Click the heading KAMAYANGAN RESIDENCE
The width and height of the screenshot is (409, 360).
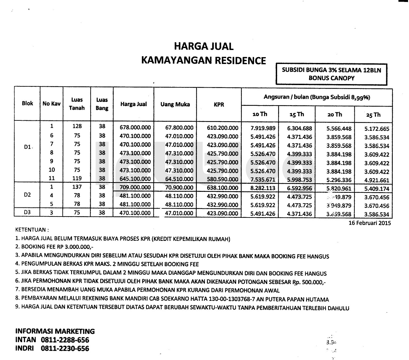203,61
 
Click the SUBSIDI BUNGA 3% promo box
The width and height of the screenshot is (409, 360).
331,74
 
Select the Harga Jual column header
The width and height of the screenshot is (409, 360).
134,104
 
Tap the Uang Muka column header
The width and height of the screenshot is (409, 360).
175,105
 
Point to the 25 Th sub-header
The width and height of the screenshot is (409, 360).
373,115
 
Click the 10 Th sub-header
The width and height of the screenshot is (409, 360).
260,114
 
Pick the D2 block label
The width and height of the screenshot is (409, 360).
27,195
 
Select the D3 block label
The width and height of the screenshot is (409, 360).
27,213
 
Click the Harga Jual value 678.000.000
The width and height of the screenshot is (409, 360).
135,128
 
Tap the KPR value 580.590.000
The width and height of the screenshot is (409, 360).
223,179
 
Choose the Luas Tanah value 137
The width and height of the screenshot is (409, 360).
77,187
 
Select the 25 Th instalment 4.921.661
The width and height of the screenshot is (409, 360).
377,180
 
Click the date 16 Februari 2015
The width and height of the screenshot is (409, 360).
369,223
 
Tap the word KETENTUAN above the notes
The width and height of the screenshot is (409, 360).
32,230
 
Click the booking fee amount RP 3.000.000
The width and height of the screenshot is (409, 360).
68,247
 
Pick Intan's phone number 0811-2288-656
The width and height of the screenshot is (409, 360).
65,340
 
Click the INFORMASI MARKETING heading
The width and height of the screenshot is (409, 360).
55,331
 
